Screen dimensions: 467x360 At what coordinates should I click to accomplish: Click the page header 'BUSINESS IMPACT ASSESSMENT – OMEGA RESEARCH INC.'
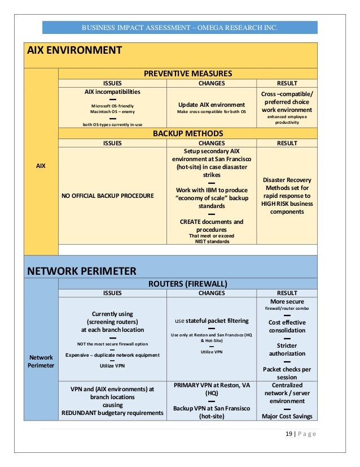pyautogui.click(x=180, y=28)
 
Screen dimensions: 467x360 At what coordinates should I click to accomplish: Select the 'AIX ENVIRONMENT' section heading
pyautogui.click(x=75, y=50)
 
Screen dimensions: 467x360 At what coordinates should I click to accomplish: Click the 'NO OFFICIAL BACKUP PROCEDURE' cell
pyautogui.click(x=107, y=196)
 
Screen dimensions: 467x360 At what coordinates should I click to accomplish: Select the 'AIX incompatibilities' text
pyautogui.click(x=112, y=91)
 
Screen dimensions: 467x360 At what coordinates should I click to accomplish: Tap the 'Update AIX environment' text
pyautogui.click(x=212, y=105)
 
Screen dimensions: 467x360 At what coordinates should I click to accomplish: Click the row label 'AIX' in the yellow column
pyautogui.click(x=41, y=166)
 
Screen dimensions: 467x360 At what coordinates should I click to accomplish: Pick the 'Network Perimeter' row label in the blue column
pyautogui.click(x=41, y=361)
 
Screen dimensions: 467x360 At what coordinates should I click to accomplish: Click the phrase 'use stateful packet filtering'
pyautogui.click(x=212, y=320)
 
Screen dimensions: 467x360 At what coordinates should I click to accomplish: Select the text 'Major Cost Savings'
pyautogui.click(x=287, y=417)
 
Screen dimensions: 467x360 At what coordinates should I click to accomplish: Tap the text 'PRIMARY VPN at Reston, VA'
pyautogui.click(x=212, y=385)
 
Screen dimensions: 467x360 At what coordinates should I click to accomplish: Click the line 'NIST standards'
pyautogui.click(x=212, y=241)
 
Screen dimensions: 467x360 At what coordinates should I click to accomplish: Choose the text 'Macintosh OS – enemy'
pyautogui.click(x=112, y=112)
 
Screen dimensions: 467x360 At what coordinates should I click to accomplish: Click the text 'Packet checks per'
pyautogui.click(x=287, y=369)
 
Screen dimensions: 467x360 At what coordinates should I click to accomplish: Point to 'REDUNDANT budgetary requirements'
pyautogui.click(x=112, y=413)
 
